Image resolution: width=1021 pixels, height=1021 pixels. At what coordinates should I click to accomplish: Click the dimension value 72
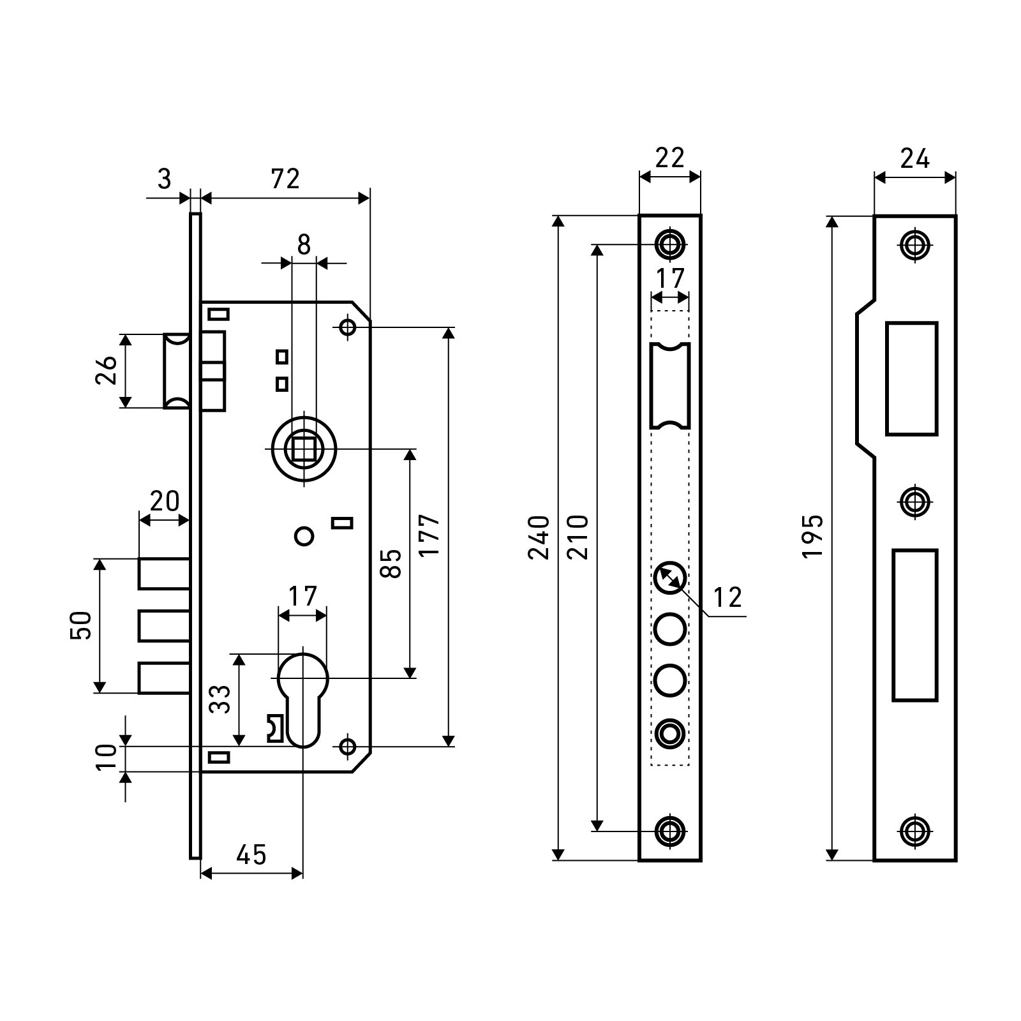(x=285, y=179)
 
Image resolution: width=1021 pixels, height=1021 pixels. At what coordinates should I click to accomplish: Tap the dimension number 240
(x=540, y=537)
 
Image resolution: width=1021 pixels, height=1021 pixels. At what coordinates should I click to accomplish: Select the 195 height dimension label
(x=812, y=537)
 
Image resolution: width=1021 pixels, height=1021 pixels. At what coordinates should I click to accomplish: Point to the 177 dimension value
(x=430, y=536)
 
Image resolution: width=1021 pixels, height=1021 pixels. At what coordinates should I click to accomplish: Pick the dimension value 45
(x=251, y=854)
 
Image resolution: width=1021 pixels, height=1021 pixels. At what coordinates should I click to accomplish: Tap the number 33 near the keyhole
(x=220, y=699)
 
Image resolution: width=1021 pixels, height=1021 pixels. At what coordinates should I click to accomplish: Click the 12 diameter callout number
(x=727, y=598)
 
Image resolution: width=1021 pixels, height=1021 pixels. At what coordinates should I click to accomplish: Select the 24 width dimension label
(x=914, y=158)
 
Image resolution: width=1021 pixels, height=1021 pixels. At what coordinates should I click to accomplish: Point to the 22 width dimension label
(x=669, y=158)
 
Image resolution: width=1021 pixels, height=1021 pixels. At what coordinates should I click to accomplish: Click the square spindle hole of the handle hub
(x=304, y=448)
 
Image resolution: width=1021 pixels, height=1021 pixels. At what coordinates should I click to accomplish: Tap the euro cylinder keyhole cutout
(x=303, y=699)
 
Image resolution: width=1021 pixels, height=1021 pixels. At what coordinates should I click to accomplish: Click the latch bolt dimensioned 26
(x=177, y=371)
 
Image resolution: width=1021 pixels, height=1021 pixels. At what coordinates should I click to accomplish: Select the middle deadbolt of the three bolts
(x=164, y=626)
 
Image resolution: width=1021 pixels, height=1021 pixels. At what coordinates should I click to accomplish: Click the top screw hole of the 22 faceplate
(x=669, y=244)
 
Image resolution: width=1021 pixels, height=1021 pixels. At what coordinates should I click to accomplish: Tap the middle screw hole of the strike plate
(x=915, y=500)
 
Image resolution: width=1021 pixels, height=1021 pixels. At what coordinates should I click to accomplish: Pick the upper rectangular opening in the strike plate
(x=911, y=378)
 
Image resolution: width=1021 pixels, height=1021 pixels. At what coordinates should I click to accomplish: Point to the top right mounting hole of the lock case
(x=348, y=327)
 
